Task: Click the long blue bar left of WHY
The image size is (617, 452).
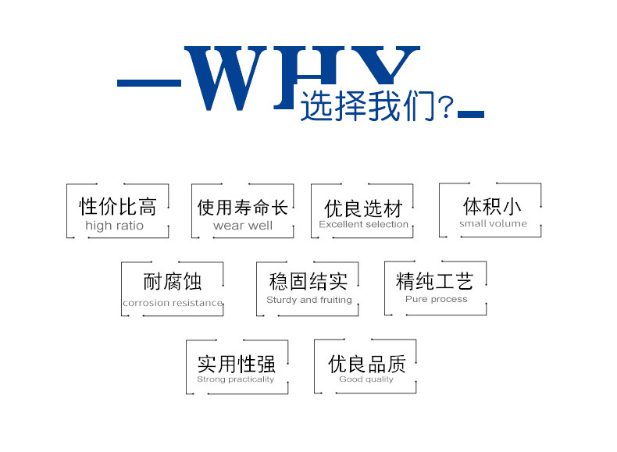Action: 148,82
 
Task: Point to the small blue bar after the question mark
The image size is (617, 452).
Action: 471,115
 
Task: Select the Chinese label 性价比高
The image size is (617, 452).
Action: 118,207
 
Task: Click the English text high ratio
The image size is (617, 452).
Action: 114,226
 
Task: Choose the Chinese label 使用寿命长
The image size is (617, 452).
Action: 242,207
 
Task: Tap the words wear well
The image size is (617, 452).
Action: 242,226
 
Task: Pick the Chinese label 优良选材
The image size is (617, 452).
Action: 363,208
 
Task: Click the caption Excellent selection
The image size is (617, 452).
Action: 363,225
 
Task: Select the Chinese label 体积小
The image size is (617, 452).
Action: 492,206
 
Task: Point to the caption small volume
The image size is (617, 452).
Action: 493,224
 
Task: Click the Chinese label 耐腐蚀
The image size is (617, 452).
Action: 172,281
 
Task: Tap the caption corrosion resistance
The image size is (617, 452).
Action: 173,303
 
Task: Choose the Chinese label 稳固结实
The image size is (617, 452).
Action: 308,281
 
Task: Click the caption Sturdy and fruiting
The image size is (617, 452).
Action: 309,300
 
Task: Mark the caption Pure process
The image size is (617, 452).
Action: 436,299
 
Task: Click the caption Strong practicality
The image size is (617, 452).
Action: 236,379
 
